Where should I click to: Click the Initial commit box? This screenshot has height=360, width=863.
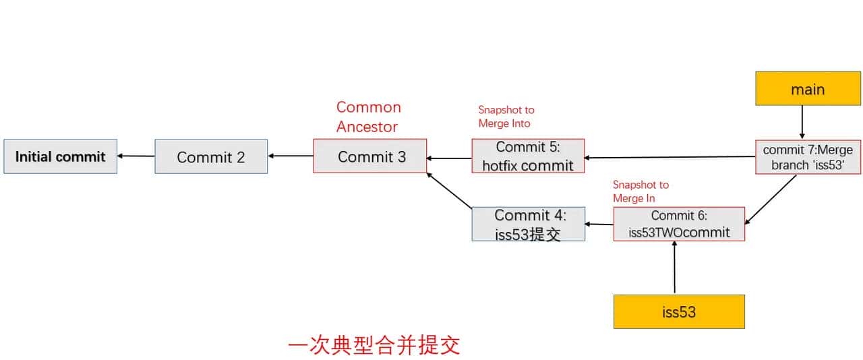pos(60,156)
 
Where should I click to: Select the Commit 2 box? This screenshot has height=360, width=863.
pos(211,156)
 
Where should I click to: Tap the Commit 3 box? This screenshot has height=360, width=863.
pos(370,156)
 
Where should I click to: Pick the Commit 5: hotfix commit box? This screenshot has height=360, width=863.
pos(528,156)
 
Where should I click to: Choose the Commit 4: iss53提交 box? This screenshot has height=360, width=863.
pos(528,224)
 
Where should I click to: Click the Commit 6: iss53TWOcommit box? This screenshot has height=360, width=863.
pos(679,224)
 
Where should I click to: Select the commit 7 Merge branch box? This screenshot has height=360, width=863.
pos(808,156)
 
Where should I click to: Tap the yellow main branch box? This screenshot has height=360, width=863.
pos(808,89)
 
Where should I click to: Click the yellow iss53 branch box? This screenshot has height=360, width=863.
pos(679,311)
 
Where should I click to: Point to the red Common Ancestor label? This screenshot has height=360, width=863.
pos(368,117)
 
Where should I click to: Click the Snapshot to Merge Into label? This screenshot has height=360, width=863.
pos(506,117)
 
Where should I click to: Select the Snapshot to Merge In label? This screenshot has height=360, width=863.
pos(641,191)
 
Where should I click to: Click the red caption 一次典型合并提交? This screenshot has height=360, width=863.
pos(374,345)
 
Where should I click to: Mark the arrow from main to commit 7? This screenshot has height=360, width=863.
pos(802,122)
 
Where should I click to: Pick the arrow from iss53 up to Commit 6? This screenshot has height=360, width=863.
pos(674,268)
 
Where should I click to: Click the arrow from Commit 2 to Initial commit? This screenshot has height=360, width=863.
pos(136,156)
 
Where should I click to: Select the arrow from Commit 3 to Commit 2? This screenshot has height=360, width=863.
pos(291,156)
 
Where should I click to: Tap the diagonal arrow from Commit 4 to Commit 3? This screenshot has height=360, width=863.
pos(448,189)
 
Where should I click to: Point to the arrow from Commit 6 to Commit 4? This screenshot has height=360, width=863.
pos(599,224)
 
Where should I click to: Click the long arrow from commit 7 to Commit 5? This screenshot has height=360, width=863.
pos(669,158)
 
